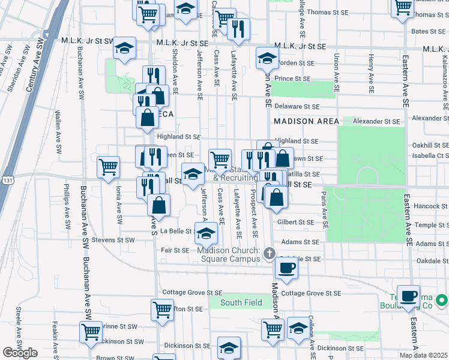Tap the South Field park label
click(x=241, y=302)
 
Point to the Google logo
click(x=20, y=353)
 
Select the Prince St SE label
click(x=292, y=78)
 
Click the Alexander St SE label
click(x=376, y=121)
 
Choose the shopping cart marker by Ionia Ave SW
click(x=109, y=167)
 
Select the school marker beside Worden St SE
click(x=267, y=58)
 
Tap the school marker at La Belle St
click(x=205, y=232)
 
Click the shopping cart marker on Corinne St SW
click(x=91, y=332)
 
